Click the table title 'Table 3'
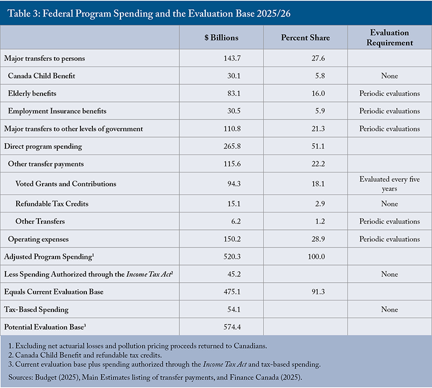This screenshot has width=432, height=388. click(x=24, y=13)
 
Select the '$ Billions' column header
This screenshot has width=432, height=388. click(x=221, y=37)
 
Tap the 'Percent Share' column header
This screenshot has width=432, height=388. click(x=305, y=37)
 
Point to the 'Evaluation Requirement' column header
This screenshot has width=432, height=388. click(x=389, y=37)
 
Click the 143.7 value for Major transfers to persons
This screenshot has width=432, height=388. click(x=232, y=58)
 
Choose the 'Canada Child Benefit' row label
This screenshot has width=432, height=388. click(x=42, y=76)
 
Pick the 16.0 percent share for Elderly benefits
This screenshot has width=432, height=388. click(x=318, y=93)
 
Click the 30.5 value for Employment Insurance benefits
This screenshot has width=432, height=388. click(x=234, y=111)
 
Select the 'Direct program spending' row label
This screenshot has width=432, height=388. click(x=43, y=146)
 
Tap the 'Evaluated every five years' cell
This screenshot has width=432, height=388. click(x=389, y=183)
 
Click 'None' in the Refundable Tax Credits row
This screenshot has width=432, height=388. click(x=389, y=204)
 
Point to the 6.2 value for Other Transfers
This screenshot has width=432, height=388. click(x=236, y=221)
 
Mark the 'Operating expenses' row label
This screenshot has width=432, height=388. click(x=38, y=239)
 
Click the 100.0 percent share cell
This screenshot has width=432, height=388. click(x=316, y=257)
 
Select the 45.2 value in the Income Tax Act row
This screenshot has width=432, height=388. click(x=234, y=274)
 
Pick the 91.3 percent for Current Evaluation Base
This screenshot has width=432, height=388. click(x=318, y=292)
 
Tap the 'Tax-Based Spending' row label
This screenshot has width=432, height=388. click(x=36, y=310)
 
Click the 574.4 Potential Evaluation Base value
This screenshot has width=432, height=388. click(x=232, y=327)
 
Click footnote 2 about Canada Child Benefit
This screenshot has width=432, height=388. click(x=85, y=355)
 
